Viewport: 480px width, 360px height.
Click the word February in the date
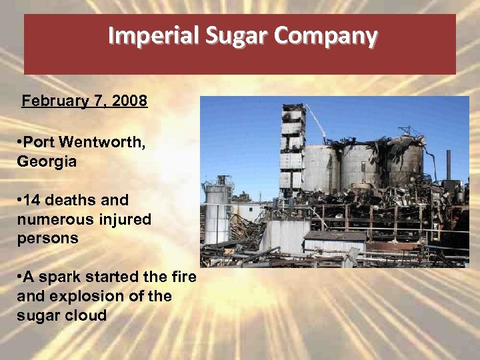pos(51,101)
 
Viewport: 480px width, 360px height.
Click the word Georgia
pos(47,161)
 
